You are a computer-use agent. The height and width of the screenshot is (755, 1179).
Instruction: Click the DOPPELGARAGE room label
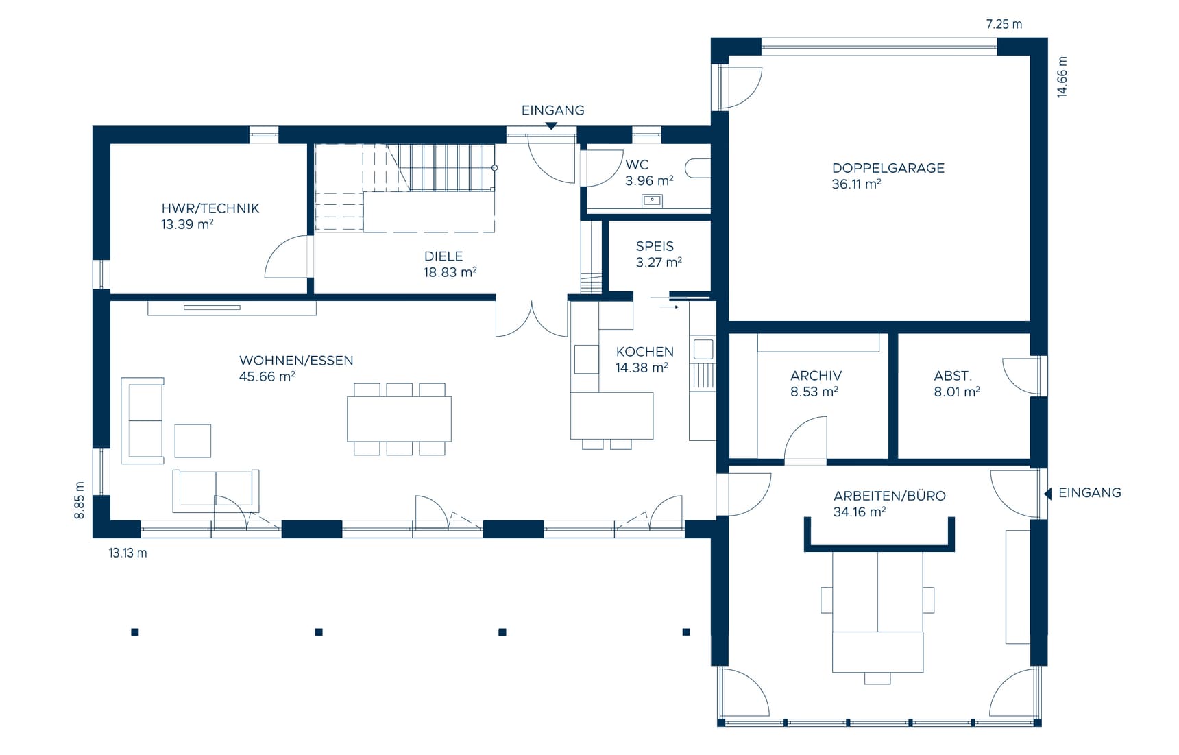pyautogui.click(x=888, y=168)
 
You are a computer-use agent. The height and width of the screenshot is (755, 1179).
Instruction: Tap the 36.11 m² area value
pyautogui.click(x=855, y=184)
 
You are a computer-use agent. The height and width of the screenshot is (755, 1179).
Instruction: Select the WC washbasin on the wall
pyautogui.click(x=652, y=200)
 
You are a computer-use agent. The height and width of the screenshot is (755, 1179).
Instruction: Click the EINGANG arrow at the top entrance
pyautogui.click(x=551, y=126)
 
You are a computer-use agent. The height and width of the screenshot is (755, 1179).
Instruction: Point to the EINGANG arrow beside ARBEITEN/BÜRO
pyautogui.click(x=1047, y=493)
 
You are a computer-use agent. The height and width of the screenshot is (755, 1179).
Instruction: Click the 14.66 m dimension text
pyautogui.click(x=1062, y=77)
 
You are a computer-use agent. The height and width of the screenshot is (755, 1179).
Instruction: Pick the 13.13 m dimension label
pyautogui.click(x=127, y=553)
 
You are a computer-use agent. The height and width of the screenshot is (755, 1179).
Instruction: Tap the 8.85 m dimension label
pyautogui.click(x=80, y=500)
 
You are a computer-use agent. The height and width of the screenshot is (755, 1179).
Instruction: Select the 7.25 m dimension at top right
pyautogui.click(x=1004, y=24)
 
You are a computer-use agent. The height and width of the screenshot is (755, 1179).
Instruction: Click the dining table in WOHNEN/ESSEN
pyautogui.click(x=399, y=418)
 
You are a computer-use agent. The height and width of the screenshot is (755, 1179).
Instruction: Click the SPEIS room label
pyautogui.click(x=655, y=246)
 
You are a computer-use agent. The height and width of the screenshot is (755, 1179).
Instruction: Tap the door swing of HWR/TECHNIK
pyautogui.click(x=287, y=257)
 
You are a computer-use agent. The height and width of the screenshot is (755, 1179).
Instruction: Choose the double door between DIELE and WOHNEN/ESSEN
pyautogui.click(x=532, y=321)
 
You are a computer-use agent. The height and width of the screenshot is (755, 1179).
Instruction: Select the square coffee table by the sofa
pyautogui.click(x=193, y=440)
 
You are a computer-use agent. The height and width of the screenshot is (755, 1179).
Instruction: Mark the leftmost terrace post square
pyautogui.click(x=135, y=632)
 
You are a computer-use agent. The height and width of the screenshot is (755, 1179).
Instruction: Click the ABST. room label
pyautogui.click(x=952, y=376)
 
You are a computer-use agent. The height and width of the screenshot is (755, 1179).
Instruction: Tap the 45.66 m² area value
pyautogui.click(x=267, y=376)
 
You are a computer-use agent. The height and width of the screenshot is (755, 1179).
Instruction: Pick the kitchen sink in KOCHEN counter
pyautogui.click(x=703, y=349)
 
